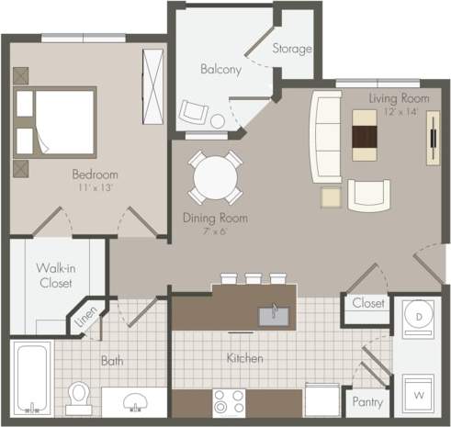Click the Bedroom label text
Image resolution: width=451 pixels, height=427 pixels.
(x=96, y=174)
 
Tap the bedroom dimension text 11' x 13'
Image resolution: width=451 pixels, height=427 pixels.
(x=96, y=187)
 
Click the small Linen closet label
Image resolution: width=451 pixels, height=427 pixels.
(x=85, y=318)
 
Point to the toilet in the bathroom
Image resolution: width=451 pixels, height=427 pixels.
(x=80, y=394)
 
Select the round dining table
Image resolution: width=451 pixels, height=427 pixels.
(x=212, y=177)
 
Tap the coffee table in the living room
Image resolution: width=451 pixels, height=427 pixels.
(x=364, y=136)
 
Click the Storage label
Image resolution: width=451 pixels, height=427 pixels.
(x=293, y=48)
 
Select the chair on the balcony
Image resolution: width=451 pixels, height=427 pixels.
(x=193, y=113)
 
